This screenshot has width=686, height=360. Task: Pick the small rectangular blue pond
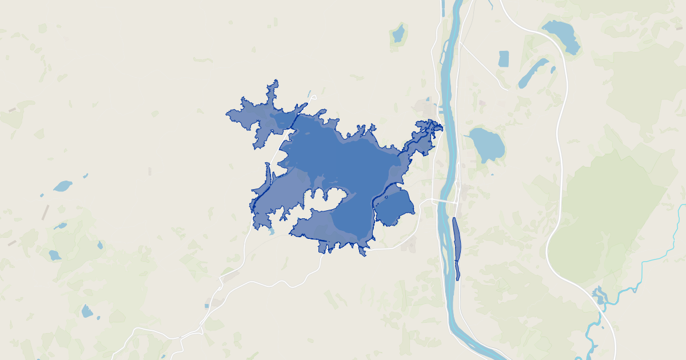[x=503, y=58]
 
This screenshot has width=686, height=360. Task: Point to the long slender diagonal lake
[x=533, y=73]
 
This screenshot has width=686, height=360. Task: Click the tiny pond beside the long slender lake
[x=553, y=70]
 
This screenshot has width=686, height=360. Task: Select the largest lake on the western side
[x=62, y=186]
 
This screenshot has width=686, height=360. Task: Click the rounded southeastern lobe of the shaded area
[x=394, y=209]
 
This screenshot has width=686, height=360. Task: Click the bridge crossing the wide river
[x=446, y=201]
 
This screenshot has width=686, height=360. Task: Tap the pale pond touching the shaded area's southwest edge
[x=271, y=231]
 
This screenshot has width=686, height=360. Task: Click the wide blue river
[x=449, y=143]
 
